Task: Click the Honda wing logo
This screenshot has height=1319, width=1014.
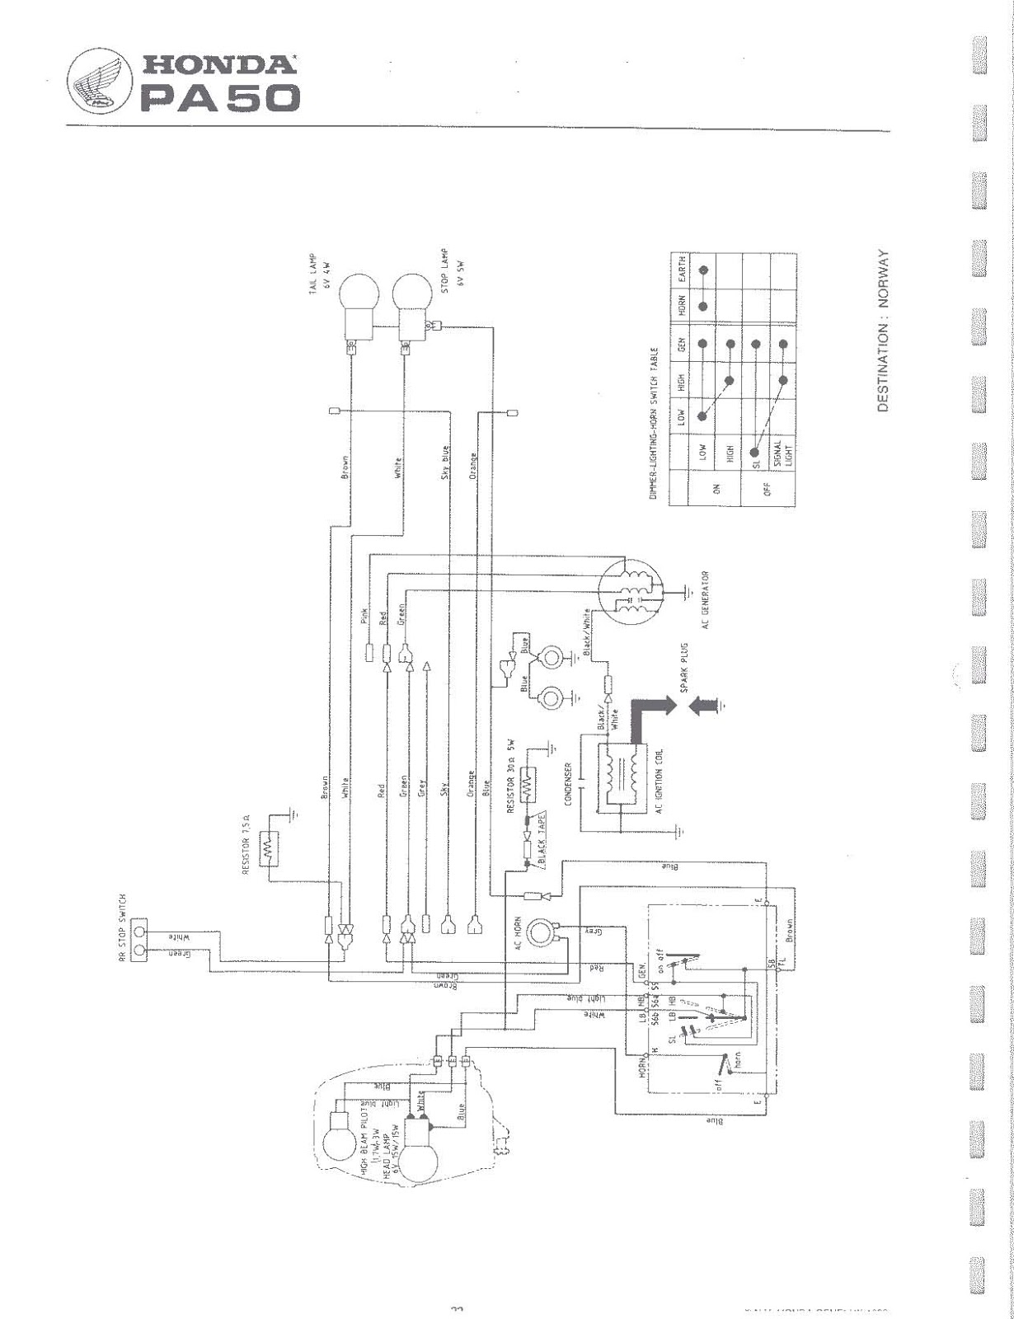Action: coord(97,80)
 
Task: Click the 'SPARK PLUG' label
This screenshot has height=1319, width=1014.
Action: coord(683,669)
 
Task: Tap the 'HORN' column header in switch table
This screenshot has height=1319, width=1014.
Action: coord(681,306)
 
